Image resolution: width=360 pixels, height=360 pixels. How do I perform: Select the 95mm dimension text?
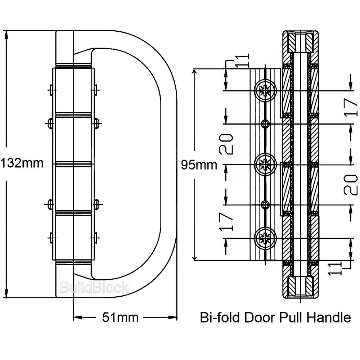click(x=199, y=165)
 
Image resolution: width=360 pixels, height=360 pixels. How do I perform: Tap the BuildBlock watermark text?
click(x=94, y=288)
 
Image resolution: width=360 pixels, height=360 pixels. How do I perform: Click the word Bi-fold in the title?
click(x=220, y=318)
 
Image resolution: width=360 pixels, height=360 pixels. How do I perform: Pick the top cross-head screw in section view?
click(x=266, y=90)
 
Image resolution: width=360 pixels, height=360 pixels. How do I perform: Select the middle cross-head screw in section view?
click(x=266, y=165)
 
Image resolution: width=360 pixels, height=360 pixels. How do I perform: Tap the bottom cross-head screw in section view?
click(x=266, y=238)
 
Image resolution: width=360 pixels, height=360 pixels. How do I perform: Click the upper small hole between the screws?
click(x=266, y=124)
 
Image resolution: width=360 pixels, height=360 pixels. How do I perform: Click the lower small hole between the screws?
click(x=266, y=205)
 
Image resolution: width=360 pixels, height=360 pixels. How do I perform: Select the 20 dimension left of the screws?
click(x=227, y=144)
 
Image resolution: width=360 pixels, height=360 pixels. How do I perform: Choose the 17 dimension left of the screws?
click(x=227, y=221)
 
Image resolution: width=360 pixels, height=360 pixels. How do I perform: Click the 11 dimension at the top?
click(x=244, y=60)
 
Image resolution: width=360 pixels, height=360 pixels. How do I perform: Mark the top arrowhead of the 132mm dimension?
click(x=6, y=35)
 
